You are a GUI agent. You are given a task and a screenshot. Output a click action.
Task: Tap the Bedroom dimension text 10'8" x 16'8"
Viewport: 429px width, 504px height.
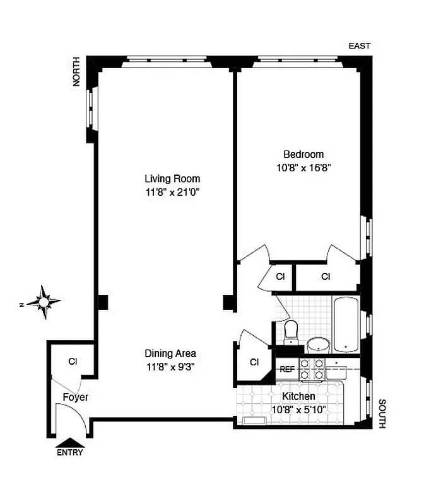tap(303, 168)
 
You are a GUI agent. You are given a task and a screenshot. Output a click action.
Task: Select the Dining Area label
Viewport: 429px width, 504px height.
tap(170, 353)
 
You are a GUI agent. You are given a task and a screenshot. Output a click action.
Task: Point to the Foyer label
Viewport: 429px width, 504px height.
tap(74, 398)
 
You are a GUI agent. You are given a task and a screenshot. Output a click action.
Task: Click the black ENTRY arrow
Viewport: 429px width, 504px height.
tap(70, 442)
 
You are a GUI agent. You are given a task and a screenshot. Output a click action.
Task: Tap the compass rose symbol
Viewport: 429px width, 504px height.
tap(43, 302)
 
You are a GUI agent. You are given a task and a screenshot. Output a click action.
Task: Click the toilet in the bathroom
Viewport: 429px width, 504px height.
tap(291, 332)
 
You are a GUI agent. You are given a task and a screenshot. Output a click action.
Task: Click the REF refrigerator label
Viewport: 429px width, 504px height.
tap(287, 369)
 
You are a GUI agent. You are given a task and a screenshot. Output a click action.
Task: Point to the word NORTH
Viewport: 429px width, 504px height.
tap(76, 71)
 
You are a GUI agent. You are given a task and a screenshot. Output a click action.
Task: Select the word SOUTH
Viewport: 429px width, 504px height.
tap(381, 413)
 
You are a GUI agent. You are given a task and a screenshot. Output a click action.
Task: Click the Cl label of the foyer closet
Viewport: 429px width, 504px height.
tap(73, 362)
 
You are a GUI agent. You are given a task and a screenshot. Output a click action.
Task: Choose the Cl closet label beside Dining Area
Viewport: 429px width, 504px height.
tap(254, 362)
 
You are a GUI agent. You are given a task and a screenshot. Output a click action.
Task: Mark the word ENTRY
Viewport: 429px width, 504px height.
tap(69, 452)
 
